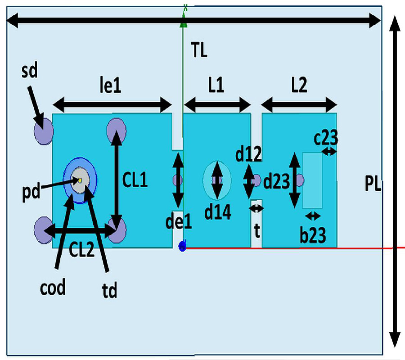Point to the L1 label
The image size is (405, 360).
click(216, 86)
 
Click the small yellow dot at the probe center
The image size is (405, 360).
click(79, 180)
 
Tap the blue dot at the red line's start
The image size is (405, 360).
click(182, 246)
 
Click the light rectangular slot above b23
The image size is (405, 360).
click(312, 180)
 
